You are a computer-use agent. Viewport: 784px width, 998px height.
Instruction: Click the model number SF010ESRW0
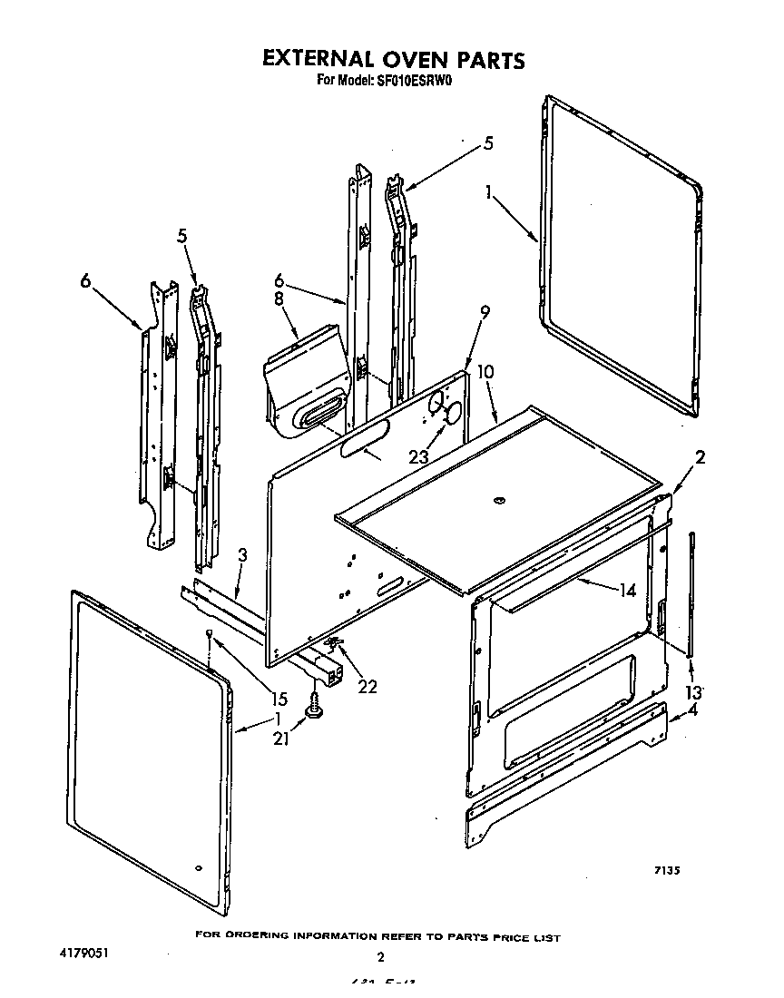pos(414,80)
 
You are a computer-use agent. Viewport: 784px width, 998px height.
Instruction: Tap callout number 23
pos(418,457)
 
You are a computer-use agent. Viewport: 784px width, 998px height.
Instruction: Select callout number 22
pos(367,687)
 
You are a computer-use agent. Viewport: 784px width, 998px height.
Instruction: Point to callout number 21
pos(281,739)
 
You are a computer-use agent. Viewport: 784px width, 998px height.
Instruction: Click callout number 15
pos(279,700)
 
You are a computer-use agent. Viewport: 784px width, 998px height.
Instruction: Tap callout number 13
pos(694,693)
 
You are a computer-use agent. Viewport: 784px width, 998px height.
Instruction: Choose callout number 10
pos(485,373)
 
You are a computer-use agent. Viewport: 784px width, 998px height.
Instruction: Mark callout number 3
pos(243,554)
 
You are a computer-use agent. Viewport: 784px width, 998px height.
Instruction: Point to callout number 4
pos(693,711)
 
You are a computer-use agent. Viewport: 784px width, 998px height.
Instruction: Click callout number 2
pos(700,457)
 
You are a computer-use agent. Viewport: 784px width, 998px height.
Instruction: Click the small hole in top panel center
pos(497,501)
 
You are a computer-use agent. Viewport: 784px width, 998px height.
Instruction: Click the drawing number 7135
pos(668,871)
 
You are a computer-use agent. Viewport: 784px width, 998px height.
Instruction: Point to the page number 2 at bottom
pos(380,957)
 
